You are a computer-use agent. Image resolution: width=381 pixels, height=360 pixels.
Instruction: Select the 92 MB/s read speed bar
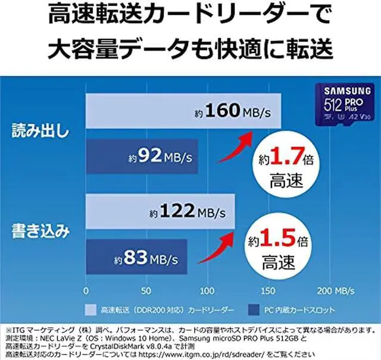pyautogui.click(x=142, y=158)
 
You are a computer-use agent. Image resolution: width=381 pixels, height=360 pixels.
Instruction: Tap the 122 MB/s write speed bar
pyautogui.click(x=161, y=210)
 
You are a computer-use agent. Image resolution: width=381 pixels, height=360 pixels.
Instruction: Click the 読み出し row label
pyautogui.click(x=38, y=133)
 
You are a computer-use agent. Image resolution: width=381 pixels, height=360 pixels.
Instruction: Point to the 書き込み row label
pyautogui.click(x=38, y=231)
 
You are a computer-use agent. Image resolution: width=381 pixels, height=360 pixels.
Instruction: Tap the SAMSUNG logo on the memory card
pyautogui.click(x=341, y=92)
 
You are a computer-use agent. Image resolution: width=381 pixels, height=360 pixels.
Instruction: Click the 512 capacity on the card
pyautogui.click(x=330, y=107)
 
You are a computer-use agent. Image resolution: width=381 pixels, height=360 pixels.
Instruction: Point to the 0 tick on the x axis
pyautogui.click(x=86, y=291)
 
